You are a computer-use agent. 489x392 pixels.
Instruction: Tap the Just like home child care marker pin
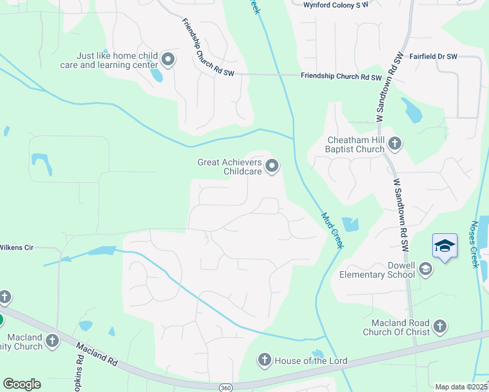pos(167,60)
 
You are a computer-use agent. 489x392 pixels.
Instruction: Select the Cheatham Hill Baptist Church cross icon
pos(394,143)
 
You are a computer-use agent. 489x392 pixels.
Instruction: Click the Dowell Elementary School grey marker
pos(425,269)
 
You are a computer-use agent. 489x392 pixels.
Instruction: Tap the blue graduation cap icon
pos(445,246)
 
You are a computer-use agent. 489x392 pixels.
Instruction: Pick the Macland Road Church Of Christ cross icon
pos(439,327)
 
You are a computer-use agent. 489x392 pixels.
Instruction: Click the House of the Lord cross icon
pos(264,360)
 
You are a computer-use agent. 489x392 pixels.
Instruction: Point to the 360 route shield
pos(224,386)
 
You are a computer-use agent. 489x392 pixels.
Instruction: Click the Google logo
pos(22,384)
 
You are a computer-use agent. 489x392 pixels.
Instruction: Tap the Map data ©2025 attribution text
pos(461,387)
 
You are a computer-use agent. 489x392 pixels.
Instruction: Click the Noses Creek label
pos(475,244)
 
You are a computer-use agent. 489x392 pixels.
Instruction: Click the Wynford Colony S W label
pos(336,5)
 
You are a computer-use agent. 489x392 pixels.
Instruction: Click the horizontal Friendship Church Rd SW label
pos(341,76)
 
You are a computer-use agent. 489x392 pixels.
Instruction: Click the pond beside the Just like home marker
pos(157,74)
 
